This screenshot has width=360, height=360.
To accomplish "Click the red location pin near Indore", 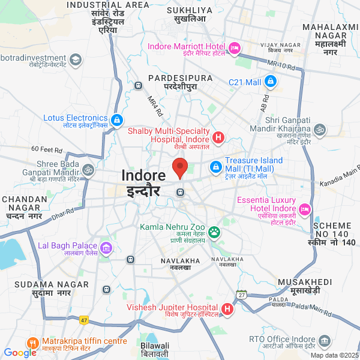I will tap(180, 167).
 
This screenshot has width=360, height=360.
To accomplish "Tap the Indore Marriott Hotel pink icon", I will tap(235, 47).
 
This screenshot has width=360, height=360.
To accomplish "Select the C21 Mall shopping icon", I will tap(271, 80).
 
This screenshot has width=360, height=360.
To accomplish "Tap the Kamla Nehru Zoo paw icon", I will tap(214, 232).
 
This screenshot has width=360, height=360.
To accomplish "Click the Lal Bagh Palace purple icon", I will tap(106, 247).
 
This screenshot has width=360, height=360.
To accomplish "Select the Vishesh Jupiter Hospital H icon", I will tap(227, 310).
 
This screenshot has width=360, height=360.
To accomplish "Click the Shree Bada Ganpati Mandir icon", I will tap(89, 170).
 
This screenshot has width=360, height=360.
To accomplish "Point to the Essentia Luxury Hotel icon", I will tap(305, 208).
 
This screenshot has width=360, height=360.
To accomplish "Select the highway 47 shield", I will tap(84, 320).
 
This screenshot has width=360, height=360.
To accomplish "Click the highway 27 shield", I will tap(242, 294).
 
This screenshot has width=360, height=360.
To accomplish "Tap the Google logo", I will tap(20, 352).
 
